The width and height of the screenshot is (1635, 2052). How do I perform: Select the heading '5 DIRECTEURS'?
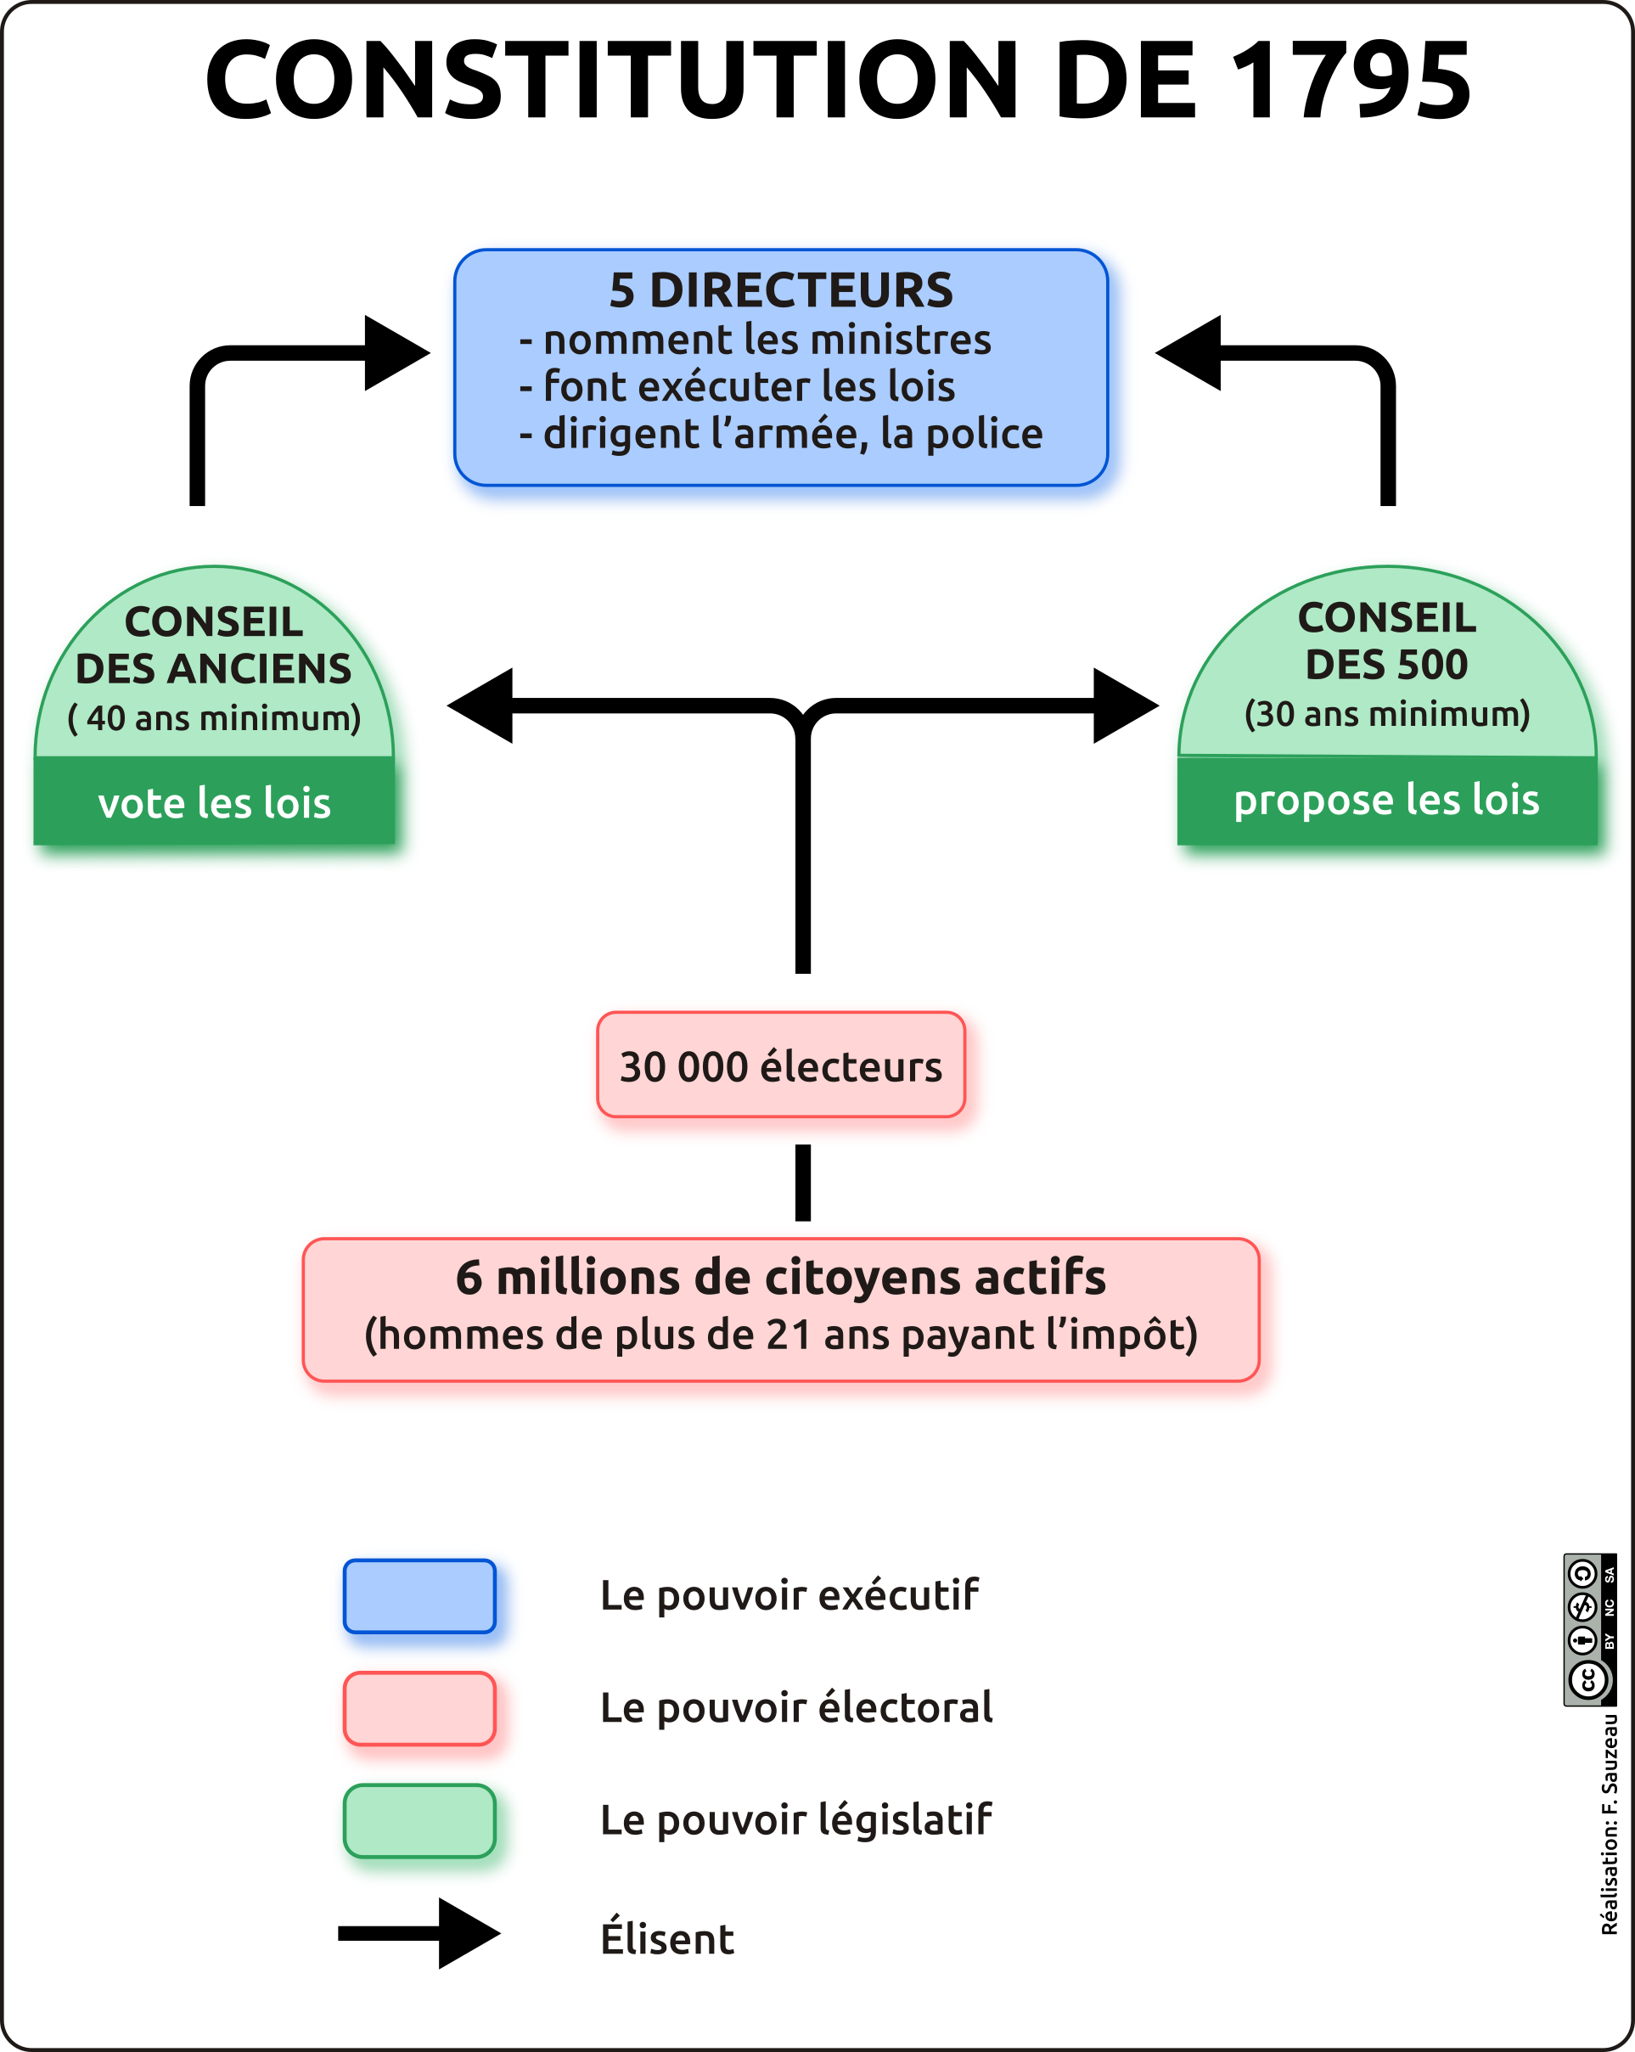pos(780,290)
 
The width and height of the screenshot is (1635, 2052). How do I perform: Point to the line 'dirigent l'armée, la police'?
pos(792,434)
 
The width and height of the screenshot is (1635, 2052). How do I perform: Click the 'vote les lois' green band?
pos(214,802)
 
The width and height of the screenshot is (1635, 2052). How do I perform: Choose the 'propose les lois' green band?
pos(1386,800)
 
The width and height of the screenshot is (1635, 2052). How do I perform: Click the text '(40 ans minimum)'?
pos(214,717)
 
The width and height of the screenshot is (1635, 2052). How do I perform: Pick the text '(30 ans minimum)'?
pos(1386,714)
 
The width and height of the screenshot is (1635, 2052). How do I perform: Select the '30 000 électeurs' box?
pos(780,1065)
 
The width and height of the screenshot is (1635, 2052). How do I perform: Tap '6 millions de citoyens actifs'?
pos(780,1277)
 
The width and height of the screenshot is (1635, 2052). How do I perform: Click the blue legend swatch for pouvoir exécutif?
pos(419,1596)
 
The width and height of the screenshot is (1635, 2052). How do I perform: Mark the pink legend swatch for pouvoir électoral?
pos(419,1708)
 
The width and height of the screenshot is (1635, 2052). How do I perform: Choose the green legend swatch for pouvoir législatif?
pos(419,1821)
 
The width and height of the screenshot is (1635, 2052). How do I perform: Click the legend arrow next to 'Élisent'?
pos(419,1933)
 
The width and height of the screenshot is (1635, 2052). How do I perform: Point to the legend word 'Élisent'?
pos(667,1939)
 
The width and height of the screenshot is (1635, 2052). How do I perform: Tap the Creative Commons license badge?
pos(1589,1629)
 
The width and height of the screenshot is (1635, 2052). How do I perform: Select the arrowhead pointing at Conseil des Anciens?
pos(480,706)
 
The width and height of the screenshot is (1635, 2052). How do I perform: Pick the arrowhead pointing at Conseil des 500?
pos(1125,706)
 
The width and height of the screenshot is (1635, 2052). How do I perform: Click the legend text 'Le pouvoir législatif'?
pos(795,1819)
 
